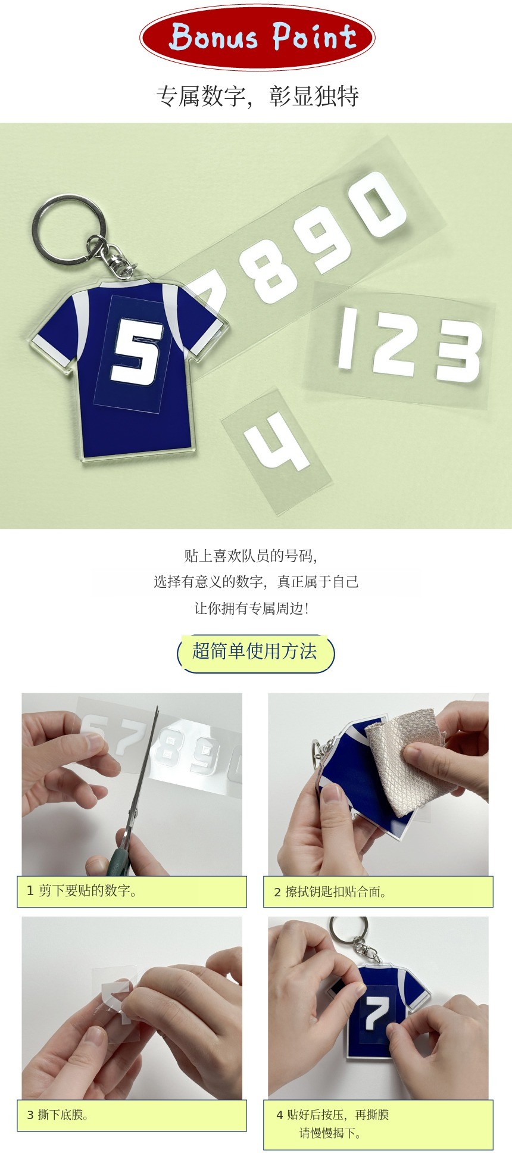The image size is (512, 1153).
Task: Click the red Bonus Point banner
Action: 257,37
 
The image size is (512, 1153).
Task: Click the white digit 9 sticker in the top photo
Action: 325,237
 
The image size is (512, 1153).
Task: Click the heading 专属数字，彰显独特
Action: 257,96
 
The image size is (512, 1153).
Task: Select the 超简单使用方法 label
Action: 255,652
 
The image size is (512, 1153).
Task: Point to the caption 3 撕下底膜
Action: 58,1114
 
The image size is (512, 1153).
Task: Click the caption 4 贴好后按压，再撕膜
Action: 332,1114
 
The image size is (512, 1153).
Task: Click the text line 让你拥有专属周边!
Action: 252,608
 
